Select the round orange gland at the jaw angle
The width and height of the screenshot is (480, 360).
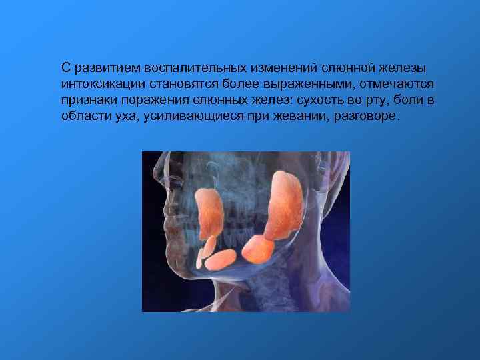pos(258,251)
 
